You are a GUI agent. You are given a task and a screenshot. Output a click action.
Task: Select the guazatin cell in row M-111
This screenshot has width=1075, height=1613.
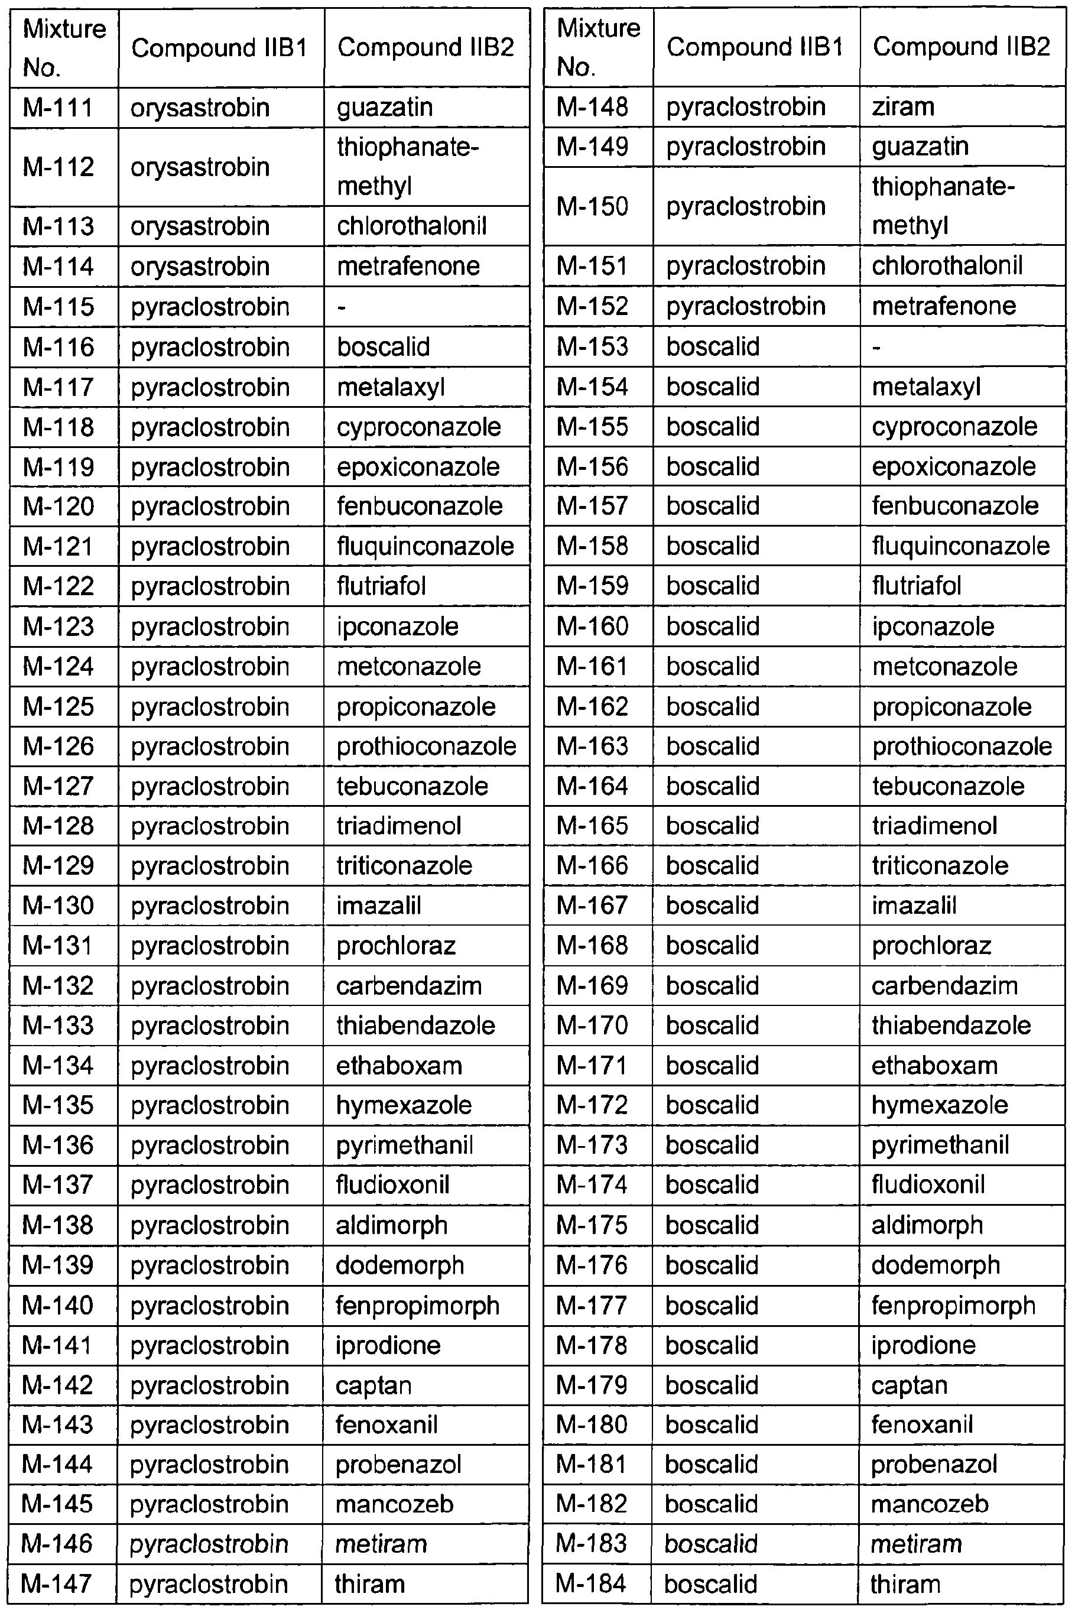tap(385, 108)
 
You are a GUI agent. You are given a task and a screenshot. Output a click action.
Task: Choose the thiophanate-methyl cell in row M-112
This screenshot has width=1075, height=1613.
tap(407, 167)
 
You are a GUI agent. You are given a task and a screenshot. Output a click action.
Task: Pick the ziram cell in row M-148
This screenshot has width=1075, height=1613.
tap(903, 107)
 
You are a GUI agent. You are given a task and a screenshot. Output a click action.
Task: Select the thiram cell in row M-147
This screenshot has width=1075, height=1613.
tap(369, 1583)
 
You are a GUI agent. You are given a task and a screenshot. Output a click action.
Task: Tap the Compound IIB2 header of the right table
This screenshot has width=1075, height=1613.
tap(961, 47)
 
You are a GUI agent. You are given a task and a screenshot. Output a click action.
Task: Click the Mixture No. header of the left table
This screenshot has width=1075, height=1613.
tap(64, 48)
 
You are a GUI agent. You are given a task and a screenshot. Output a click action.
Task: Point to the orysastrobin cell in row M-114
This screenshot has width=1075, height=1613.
tap(200, 267)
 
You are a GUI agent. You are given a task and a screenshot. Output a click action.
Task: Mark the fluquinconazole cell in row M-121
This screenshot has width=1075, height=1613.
tap(425, 546)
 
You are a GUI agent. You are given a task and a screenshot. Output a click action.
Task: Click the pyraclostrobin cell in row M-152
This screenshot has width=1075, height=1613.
tap(746, 306)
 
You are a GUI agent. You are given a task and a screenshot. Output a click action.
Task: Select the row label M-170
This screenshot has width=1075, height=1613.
tap(592, 1025)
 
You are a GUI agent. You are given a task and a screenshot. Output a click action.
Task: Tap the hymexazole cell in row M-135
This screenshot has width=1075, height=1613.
tap(404, 1105)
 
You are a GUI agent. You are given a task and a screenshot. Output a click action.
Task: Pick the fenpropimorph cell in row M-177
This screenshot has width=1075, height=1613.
tap(953, 1304)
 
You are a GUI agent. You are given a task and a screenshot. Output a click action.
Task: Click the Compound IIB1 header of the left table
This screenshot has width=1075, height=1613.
tap(219, 48)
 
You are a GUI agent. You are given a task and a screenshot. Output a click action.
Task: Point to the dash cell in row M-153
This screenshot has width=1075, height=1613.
tap(876, 347)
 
